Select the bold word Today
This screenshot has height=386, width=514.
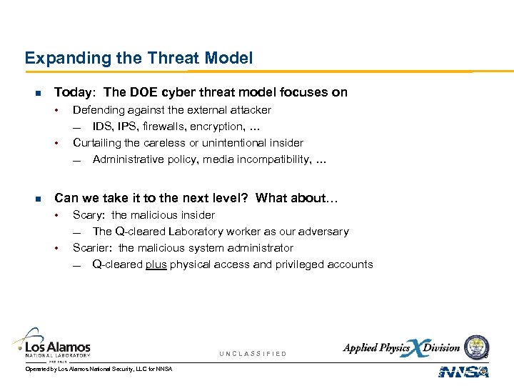[x=74, y=92]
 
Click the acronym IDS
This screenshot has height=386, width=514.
[x=102, y=127]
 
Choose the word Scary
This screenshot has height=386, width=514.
[x=88, y=215]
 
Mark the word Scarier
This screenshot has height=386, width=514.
[x=93, y=248]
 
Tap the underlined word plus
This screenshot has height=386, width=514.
[x=156, y=264]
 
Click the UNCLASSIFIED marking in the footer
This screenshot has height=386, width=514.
[x=253, y=354]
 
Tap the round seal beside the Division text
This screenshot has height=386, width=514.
[x=477, y=347]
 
